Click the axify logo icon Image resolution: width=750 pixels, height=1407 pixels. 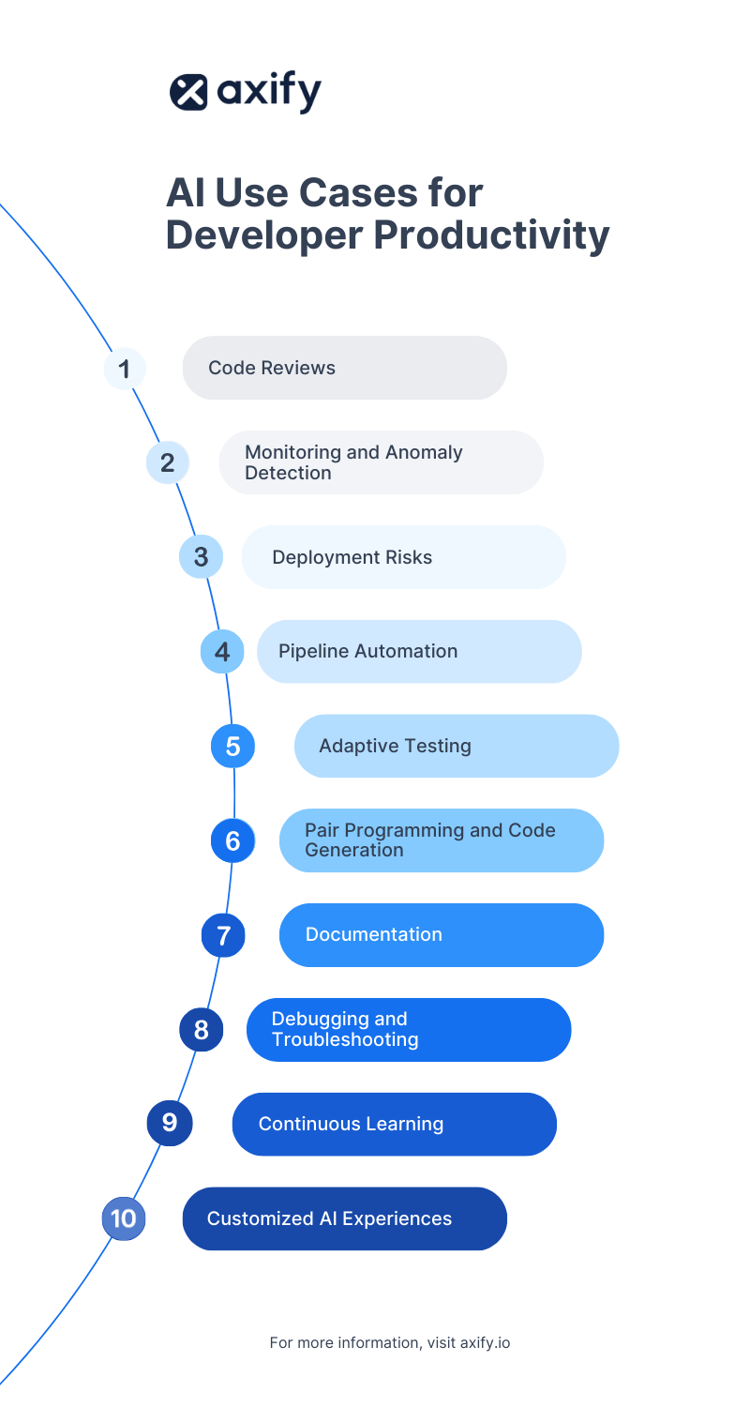pyautogui.click(x=188, y=92)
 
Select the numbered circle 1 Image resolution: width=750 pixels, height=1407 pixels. pyautogui.click(x=124, y=368)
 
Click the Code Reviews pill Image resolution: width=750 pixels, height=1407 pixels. pyautogui.click(x=344, y=368)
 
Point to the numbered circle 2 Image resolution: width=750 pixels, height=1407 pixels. pyautogui.click(x=168, y=462)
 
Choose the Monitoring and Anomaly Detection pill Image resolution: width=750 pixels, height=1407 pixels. pyautogui.click(x=381, y=462)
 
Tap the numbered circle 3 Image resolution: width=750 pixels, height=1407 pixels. pyautogui.click(x=201, y=557)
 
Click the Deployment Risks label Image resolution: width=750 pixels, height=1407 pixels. pyautogui.click(x=352, y=557)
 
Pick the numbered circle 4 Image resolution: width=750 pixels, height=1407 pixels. pyautogui.click(x=222, y=652)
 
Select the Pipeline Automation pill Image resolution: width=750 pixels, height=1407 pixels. pyautogui.click(x=419, y=651)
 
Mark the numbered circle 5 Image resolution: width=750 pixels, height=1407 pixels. pyautogui.click(x=232, y=747)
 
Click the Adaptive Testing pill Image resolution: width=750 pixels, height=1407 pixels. pyautogui.click(x=457, y=746)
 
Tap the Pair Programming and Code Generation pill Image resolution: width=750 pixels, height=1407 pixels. pyautogui.click(x=441, y=840)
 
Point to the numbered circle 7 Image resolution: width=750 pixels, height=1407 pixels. pyautogui.click(x=223, y=935)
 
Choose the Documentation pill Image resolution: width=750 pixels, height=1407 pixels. pyautogui.click(x=441, y=935)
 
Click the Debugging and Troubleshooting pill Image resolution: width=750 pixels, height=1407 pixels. pyautogui.click(x=409, y=1029)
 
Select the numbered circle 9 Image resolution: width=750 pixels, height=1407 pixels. pyautogui.click(x=169, y=1123)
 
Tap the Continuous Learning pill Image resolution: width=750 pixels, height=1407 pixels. pyautogui.click(x=394, y=1124)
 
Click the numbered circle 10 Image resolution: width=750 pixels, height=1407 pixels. pyautogui.click(x=124, y=1218)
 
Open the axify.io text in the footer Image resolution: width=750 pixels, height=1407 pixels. pyautogui.click(x=485, y=1342)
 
